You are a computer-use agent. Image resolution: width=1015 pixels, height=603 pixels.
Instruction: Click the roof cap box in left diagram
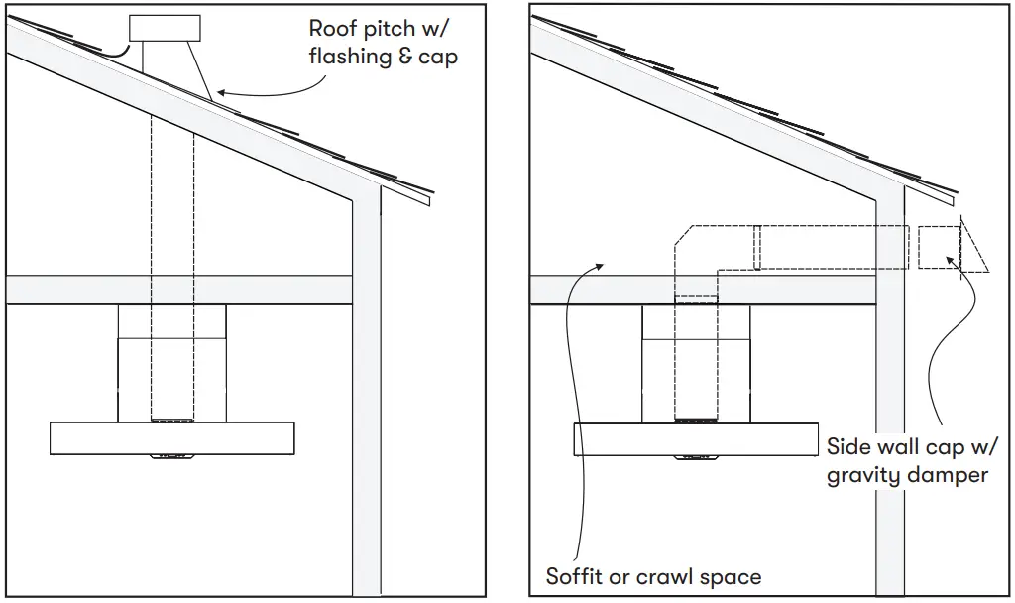(165, 29)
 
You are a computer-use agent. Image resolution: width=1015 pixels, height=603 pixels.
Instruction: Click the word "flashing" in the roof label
(350, 58)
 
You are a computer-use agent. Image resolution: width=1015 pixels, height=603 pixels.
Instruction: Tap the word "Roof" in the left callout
(332, 28)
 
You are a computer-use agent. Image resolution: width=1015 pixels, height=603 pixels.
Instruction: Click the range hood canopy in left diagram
(171, 437)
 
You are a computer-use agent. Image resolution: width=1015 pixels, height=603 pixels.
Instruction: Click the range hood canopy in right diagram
(695, 437)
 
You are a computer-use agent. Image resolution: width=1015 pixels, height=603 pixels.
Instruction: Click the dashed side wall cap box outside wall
(938, 247)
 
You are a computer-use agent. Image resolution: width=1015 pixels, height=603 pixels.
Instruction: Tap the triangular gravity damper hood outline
(974, 248)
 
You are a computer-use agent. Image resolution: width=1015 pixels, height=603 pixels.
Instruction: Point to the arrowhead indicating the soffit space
(598, 265)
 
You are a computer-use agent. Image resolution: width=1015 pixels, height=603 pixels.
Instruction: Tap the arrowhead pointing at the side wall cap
(951, 260)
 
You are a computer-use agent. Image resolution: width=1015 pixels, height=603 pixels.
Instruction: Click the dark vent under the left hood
(171, 458)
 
